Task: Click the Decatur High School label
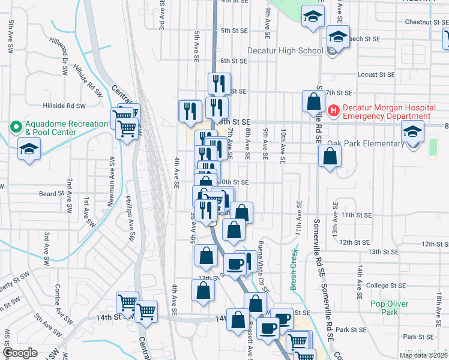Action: tap(285, 50)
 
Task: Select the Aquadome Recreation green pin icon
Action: tap(15, 128)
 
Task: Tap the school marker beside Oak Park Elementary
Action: tap(412, 131)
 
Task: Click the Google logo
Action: tap(20, 353)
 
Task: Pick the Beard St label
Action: tap(51, 194)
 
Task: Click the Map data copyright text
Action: tap(425, 355)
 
